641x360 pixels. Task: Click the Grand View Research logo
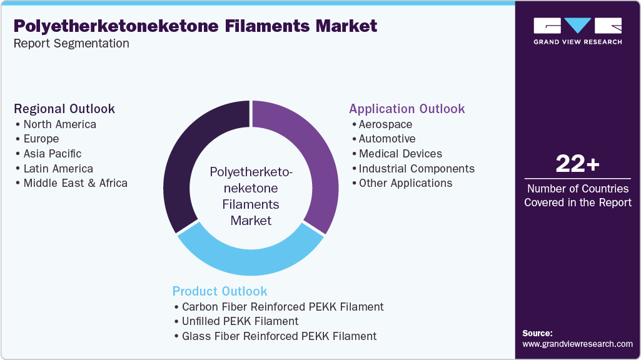577,31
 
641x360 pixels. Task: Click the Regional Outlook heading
64,109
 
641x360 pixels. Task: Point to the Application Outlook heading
406,109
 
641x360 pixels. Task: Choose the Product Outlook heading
220,291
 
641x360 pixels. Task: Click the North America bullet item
60,124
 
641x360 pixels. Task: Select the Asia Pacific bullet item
53,153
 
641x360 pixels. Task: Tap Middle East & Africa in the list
75,183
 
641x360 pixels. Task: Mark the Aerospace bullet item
385,124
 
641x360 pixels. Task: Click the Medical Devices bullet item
400,153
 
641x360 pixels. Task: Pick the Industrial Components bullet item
416,168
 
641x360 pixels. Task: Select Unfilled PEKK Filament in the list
240,321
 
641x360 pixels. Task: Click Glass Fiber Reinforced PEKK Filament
279,336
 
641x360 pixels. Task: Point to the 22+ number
577,164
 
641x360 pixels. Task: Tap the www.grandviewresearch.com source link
577,344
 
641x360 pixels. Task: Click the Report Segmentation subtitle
71,44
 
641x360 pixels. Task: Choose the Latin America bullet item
58,168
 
